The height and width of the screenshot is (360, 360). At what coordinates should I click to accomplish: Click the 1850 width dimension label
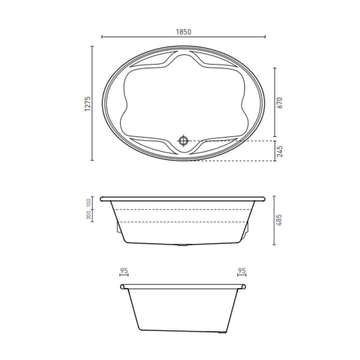[x=183, y=32]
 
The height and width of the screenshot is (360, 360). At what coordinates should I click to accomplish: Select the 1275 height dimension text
[x=88, y=104]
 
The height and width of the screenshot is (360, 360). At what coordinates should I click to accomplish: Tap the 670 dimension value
[x=280, y=102]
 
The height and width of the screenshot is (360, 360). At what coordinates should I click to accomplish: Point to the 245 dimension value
[x=280, y=151]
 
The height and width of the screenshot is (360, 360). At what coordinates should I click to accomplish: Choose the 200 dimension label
[x=89, y=215]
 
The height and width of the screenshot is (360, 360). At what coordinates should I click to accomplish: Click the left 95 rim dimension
[x=124, y=271]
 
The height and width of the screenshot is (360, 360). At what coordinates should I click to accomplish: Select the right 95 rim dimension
[x=242, y=271]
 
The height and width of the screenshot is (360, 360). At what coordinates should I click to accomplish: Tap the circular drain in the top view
[x=183, y=140]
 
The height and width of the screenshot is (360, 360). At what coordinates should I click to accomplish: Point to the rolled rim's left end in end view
[x=123, y=287]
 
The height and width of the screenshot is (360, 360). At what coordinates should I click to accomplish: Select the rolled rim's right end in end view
[x=244, y=287]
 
